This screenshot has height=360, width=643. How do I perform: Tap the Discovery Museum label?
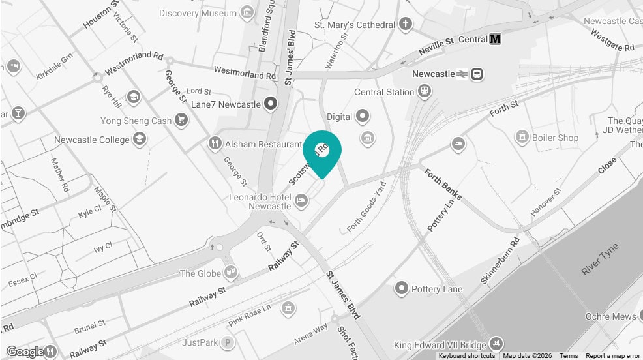pyautogui.click(x=198, y=13)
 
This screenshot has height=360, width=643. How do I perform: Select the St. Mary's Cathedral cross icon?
pyautogui.click(x=406, y=25)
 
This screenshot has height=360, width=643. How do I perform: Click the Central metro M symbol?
pyautogui.click(x=496, y=39)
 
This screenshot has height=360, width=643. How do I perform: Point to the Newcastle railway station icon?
pyautogui.click(x=478, y=74)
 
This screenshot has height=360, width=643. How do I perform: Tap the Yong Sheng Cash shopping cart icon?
pyautogui.click(x=181, y=120)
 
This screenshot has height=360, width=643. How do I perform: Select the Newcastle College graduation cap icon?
pyautogui.click(x=139, y=139)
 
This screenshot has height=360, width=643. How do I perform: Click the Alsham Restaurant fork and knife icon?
pyautogui.click(x=215, y=143)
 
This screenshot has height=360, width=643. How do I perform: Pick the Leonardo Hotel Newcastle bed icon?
pyautogui.click(x=301, y=200)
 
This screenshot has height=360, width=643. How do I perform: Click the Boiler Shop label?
pyautogui.click(x=554, y=138)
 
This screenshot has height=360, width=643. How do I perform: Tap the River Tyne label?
pyautogui.click(x=600, y=260)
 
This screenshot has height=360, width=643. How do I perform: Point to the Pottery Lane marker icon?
pyautogui.click(x=402, y=288)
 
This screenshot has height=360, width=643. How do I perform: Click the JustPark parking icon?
pyautogui.click(x=227, y=342)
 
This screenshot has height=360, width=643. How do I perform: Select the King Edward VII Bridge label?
pyautogui.click(x=440, y=344)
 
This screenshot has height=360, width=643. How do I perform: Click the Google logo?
pyautogui.click(x=25, y=352)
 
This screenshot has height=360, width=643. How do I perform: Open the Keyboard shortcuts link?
pyautogui.click(x=466, y=356)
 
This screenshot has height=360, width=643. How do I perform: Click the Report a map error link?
pyautogui.click(x=612, y=356)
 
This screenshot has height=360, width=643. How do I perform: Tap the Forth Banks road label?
pyautogui.click(x=443, y=181)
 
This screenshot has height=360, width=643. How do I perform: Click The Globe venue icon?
pyautogui.click(x=230, y=272)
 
